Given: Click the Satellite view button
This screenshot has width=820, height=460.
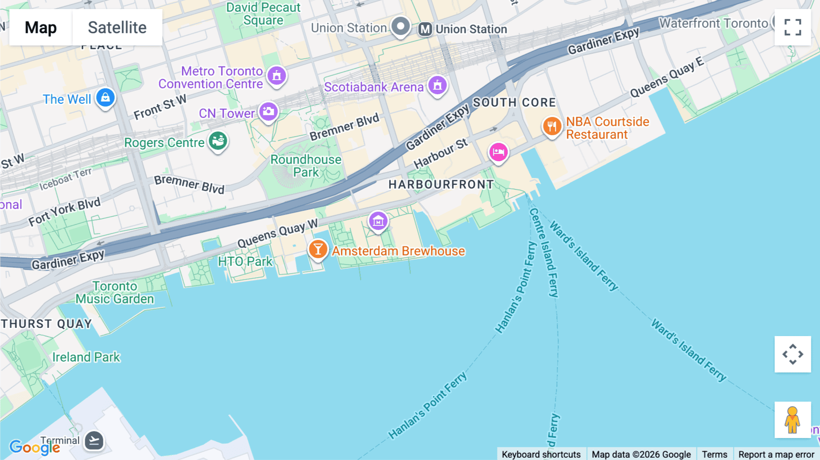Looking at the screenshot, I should pyautogui.click(x=117, y=27).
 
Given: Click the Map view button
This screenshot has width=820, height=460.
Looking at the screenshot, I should pyautogui.click(x=41, y=27).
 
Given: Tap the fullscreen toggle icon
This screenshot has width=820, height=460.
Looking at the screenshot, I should pyautogui.click(x=793, y=27).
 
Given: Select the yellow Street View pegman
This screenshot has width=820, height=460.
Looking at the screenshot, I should pyautogui.click(x=792, y=420).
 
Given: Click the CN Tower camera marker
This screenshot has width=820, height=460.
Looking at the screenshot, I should pyautogui.click(x=269, y=111).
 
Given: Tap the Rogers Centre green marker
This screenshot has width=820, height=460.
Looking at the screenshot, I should pyautogui.click(x=218, y=141).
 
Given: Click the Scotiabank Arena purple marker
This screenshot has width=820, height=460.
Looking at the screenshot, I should pyautogui.click(x=437, y=85).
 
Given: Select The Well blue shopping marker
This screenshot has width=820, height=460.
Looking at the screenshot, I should pyautogui.click(x=105, y=97).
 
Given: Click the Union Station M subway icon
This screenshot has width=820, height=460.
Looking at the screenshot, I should pyautogui.click(x=425, y=29).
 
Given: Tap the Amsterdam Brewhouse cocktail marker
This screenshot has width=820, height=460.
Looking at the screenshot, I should pyautogui.click(x=318, y=249).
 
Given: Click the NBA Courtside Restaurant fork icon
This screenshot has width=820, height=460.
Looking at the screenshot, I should pyautogui.click(x=552, y=126).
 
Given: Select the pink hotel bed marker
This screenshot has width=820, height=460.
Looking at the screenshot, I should pyautogui.click(x=498, y=152).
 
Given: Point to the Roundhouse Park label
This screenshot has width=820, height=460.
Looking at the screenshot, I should pyautogui.click(x=306, y=166).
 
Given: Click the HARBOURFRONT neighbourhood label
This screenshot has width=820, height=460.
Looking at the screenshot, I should pyautogui.click(x=441, y=184).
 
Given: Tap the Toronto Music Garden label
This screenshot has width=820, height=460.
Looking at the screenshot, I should pyautogui.click(x=115, y=292).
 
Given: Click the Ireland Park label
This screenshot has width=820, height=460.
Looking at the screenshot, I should pyautogui.click(x=86, y=357).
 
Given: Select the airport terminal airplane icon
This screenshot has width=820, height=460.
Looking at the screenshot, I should pyautogui.click(x=94, y=440).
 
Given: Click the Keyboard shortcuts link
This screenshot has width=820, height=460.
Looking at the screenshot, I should pyautogui.click(x=541, y=454).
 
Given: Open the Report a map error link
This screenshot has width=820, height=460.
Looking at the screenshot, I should pyautogui.click(x=776, y=454).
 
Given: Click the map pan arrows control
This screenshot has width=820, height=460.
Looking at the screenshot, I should pyautogui.click(x=793, y=354).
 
